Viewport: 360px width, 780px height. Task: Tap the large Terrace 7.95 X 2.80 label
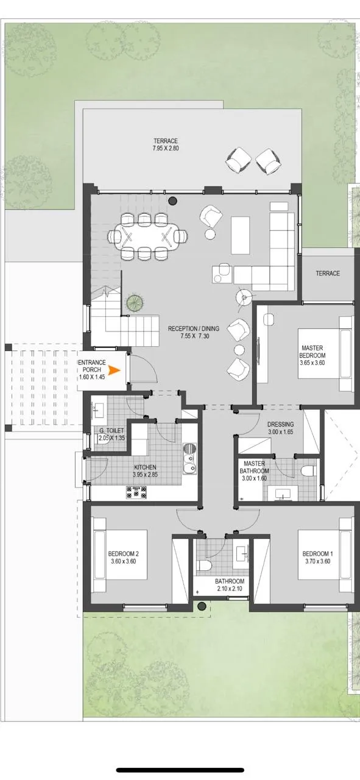[x=166, y=144]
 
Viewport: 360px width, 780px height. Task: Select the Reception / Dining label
[x=194, y=332]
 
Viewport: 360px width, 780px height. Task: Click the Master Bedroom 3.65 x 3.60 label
[x=312, y=355]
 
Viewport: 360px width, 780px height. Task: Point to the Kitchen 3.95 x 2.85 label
[x=145, y=471]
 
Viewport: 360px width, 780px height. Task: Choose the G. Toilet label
[x=111, y=434]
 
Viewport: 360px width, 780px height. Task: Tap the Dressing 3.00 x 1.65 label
[x=280, y=428]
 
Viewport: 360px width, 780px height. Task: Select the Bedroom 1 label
[x=317, y=557]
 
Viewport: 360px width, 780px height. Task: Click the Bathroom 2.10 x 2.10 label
[x=230, y=585]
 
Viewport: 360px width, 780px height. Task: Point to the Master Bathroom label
[x=255, y=471]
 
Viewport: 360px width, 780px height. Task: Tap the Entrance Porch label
[x=92, y=369]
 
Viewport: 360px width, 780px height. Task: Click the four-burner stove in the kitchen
[x=136, y=492]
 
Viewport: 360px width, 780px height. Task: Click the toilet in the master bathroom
[x=308, y=471]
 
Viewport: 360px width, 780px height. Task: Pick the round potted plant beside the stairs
[x=135, y=303]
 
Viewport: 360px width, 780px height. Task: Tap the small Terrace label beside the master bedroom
[x=328, y=274]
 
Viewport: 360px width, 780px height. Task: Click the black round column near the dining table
[x=172, y=200]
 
